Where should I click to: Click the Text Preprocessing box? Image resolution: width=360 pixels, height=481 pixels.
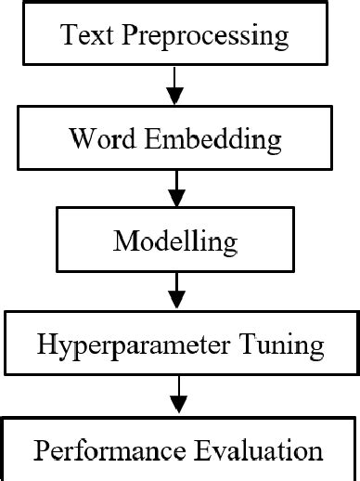click(x=174, y=37)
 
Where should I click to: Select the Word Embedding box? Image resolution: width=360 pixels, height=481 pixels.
click(x=174, y=139)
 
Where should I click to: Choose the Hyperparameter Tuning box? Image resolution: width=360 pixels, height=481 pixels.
click(x=180, y=345)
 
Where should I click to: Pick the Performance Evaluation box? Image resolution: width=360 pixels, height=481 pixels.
click(x=178, y=451)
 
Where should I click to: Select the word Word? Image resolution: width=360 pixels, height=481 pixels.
click(x=96, y=140)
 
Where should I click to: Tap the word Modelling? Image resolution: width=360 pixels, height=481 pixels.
click(x=174, y=243)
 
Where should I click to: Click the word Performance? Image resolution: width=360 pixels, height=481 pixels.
click(x=104, y=451)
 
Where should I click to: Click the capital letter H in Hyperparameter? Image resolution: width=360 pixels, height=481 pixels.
click(x=46, y=345)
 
